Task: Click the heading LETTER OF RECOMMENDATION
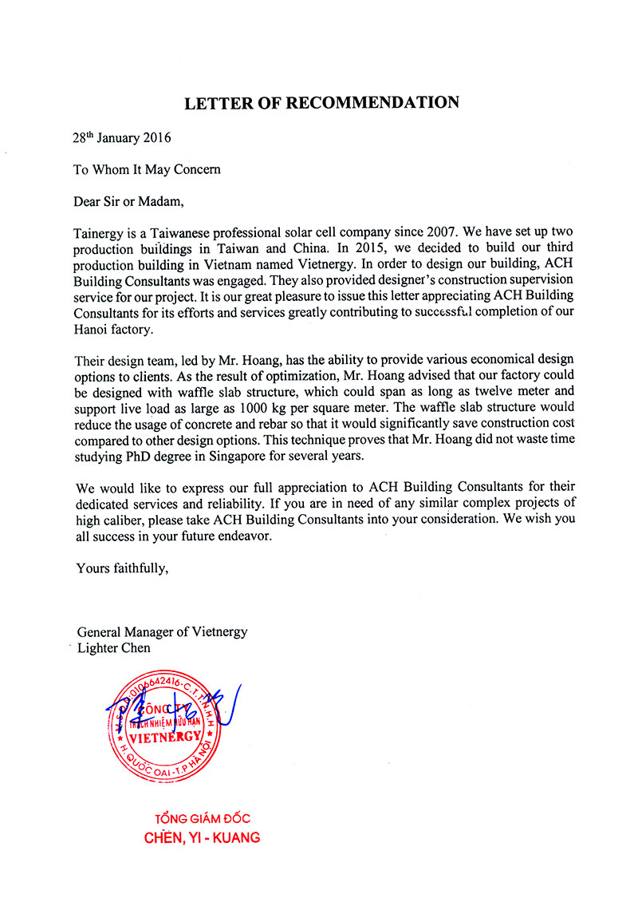(321, 103)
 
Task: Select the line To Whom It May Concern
(147, 169)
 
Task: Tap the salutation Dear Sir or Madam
(133, 201)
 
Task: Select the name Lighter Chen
(114, 647)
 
